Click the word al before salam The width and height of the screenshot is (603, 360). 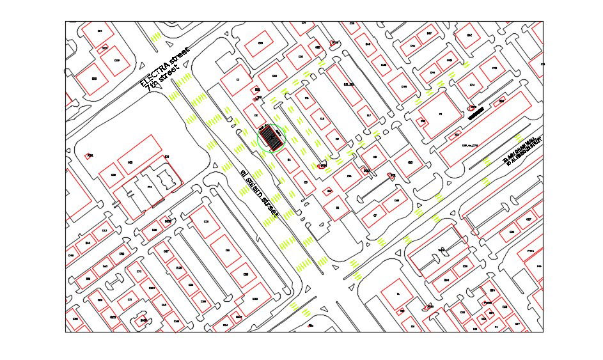[x=243, y=173]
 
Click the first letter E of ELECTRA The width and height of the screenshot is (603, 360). [x=143, y=83]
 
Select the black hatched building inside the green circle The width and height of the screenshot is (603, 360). [x=273, y=137]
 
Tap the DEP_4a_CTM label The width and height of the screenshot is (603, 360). [x=470, y=145]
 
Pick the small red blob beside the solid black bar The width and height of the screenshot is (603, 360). [x=473, y=107]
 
